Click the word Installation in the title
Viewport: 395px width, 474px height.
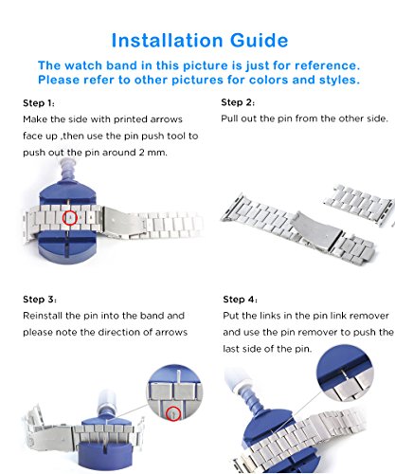168,41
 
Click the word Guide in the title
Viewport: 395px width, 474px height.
260,41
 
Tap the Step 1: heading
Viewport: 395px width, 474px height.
39,103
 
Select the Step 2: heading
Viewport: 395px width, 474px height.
238,102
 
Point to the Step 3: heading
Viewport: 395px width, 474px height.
40,300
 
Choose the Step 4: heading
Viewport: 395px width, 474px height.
240,300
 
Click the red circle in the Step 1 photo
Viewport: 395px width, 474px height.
70,217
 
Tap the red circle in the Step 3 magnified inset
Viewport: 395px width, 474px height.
173,413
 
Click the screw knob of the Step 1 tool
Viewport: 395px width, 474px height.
67,170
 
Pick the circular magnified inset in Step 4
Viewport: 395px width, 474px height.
345,374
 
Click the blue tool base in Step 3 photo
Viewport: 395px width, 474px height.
104,448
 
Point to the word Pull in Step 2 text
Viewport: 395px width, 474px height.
229,118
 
